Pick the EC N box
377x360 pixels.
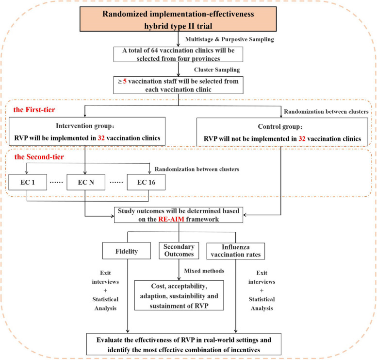click(85, 184)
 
